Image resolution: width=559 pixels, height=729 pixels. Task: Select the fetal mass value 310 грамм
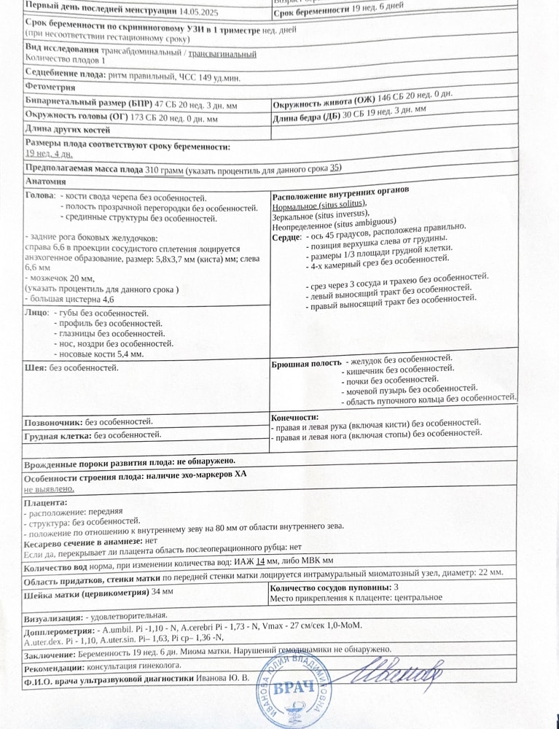pyautogui.click(x=164, y=169)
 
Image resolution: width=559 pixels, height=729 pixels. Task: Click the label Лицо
pyautogui.click(x=36, y=313)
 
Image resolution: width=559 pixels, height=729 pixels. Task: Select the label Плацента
pyautogui.click(x=45, y=502)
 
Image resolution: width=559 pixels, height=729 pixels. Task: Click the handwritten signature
pyautogui.click(x=402, y=677)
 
